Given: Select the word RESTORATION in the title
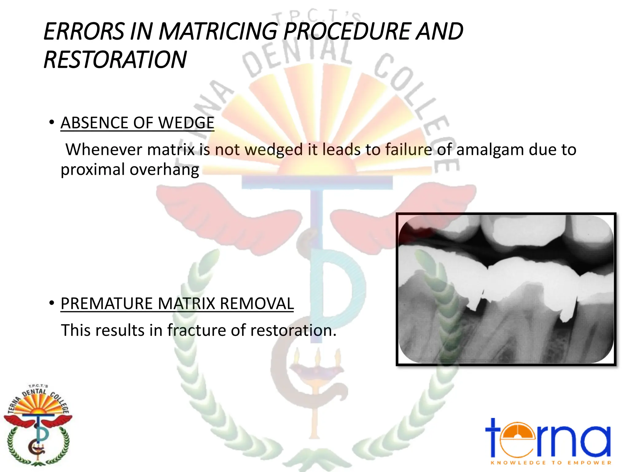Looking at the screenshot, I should [115, 60].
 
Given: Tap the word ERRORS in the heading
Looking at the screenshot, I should [84, 31].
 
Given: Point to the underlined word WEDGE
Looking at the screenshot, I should [186, 123].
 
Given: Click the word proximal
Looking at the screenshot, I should [92, 170].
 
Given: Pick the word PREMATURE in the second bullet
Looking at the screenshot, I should [107, 304].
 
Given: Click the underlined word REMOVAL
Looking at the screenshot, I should [257, 304].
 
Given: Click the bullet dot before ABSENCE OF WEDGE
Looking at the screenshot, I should [52, 123].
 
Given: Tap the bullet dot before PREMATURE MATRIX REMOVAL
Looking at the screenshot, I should [52, 303].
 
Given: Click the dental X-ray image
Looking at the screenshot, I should [506, 289].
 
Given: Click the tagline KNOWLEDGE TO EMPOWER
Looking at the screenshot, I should [551, 463].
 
